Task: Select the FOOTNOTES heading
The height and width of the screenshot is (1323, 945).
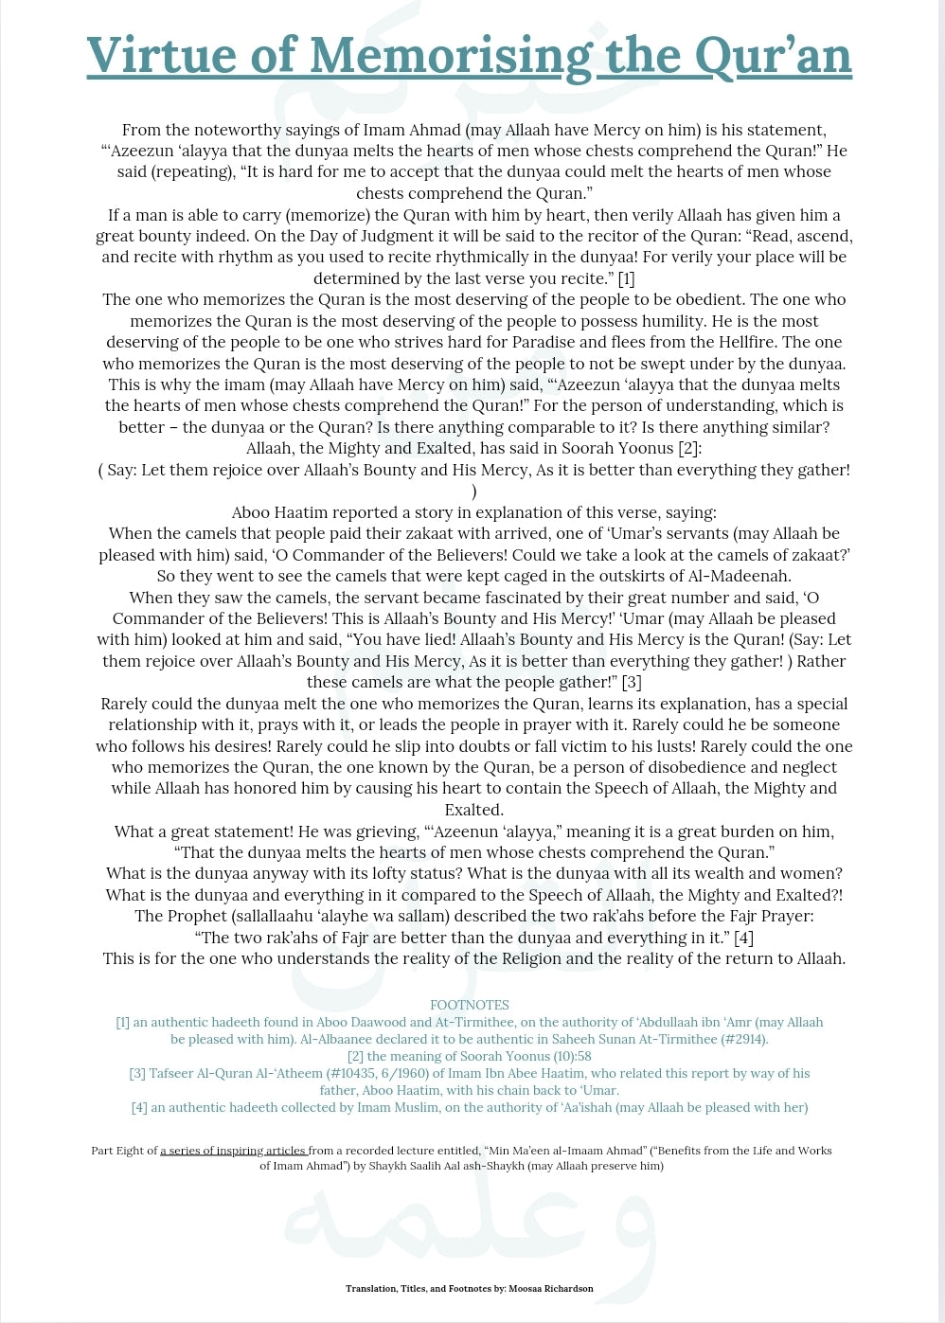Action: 470,1005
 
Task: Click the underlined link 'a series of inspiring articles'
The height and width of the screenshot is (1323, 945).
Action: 233,1151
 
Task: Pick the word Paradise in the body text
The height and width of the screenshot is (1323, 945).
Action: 544,342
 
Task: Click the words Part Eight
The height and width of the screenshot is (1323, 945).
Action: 123,1151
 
